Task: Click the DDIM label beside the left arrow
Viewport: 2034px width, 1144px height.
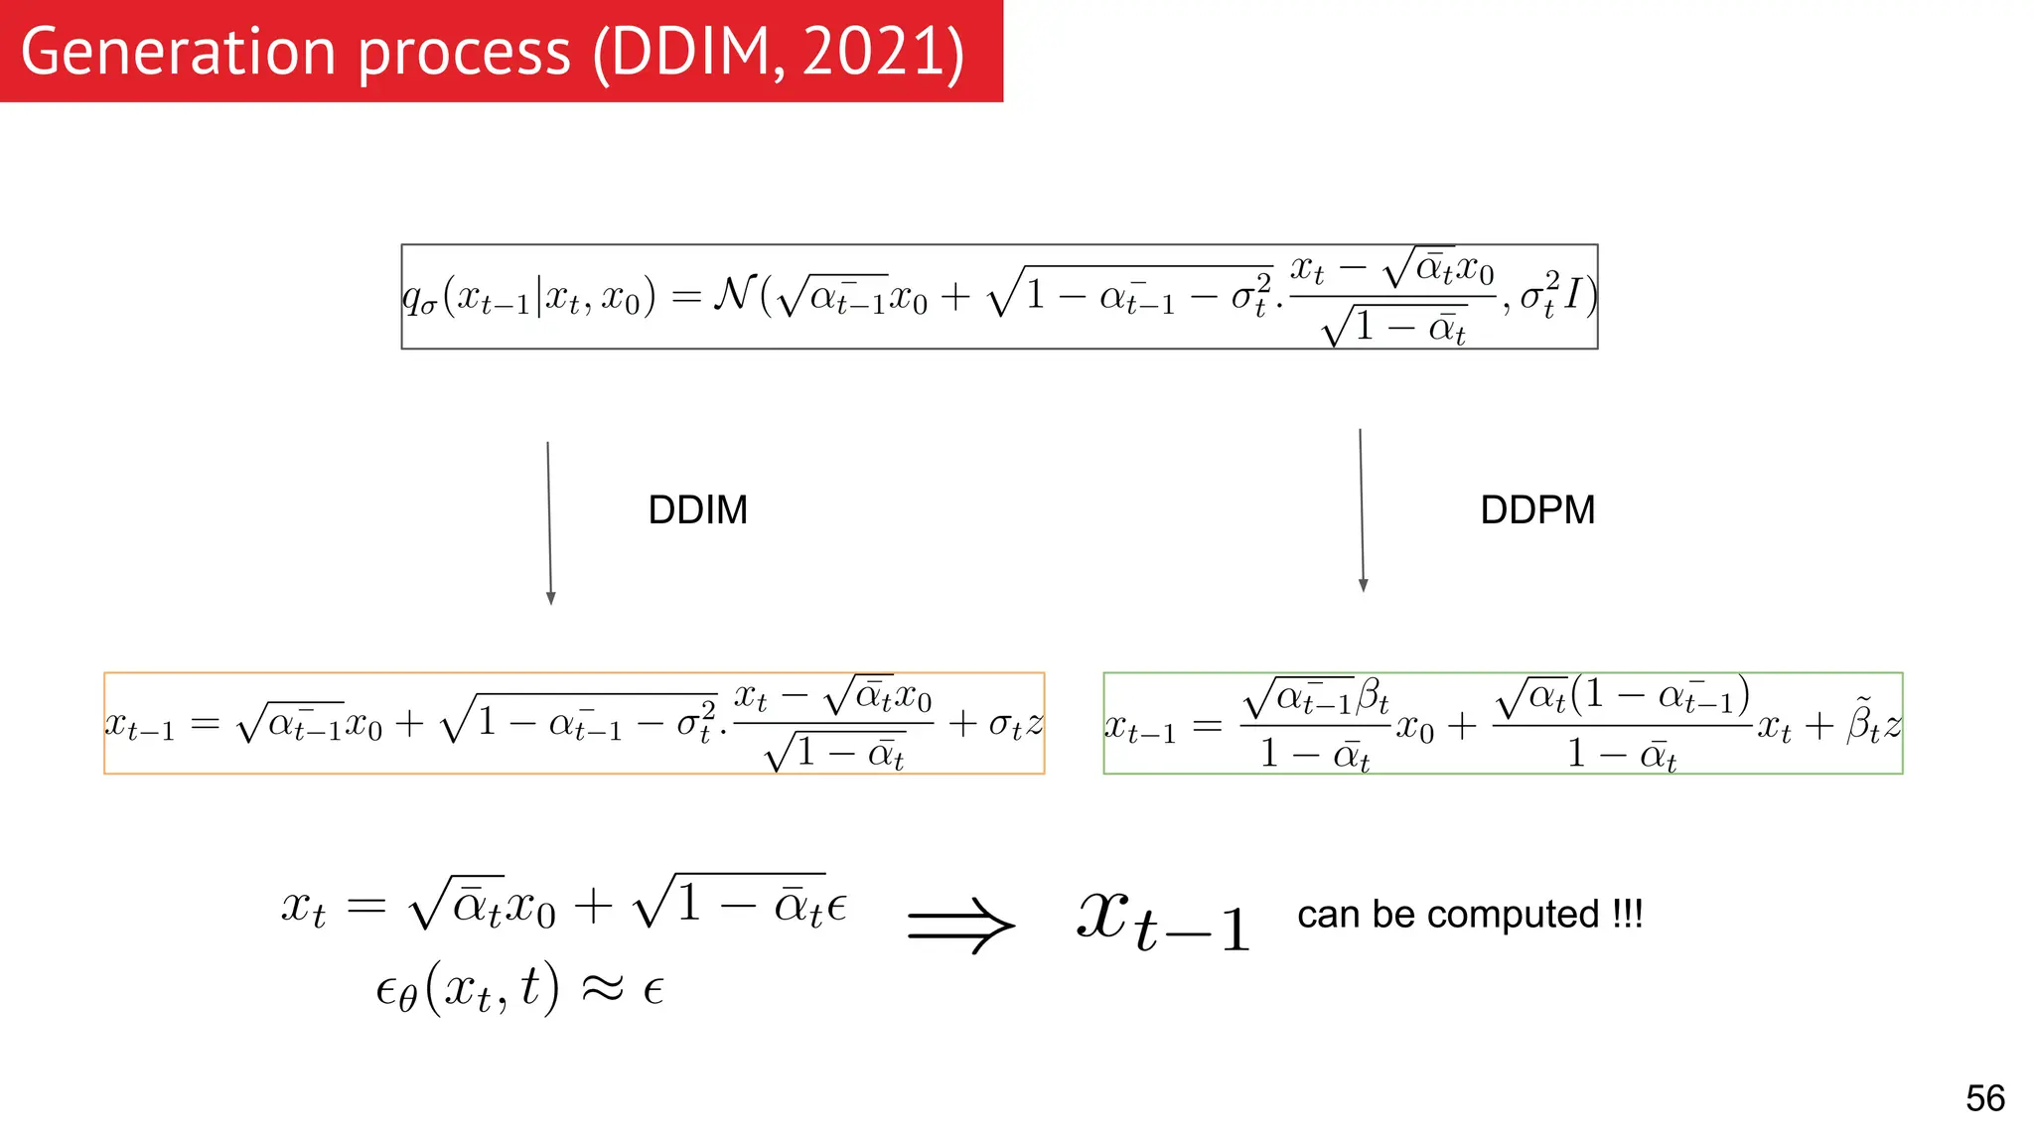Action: coord(697,509)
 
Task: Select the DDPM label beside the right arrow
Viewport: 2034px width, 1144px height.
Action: coord(1537,509)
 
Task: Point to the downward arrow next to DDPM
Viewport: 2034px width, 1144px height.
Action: coord(1362,510)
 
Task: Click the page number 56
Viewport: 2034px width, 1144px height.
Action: coord(1984,1098)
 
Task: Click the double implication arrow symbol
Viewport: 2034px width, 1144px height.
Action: coord(960,925)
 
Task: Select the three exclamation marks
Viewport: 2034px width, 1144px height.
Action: coord(1627,914)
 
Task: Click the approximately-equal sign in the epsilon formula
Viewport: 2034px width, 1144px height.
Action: coord(602,988)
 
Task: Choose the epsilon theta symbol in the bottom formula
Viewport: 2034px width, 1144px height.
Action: coord(396,991)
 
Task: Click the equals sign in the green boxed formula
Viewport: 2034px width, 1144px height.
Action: coord(1207,726)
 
